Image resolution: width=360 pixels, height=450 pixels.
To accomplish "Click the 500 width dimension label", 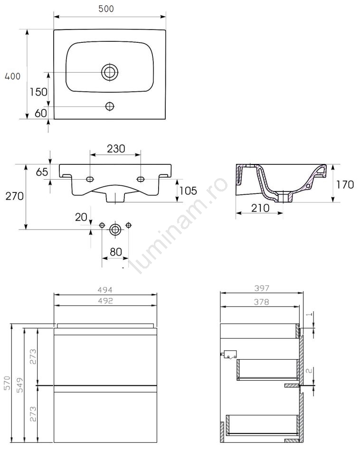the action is pos(106,9).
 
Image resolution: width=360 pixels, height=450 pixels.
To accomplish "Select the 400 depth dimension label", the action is pos(13,76).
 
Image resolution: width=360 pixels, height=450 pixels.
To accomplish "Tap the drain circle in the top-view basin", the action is pos(110,72).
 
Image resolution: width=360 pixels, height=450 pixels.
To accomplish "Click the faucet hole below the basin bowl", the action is pos(110,106).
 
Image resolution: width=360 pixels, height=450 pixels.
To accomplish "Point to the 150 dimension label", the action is pos(39,92).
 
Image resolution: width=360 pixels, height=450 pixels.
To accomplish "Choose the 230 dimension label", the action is pos(116,149).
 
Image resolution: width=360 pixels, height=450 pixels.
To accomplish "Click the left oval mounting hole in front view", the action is pos(90,179).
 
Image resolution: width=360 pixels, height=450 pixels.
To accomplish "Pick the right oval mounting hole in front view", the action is pos(141,179).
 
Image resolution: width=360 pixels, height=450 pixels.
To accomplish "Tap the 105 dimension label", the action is pos(189,191).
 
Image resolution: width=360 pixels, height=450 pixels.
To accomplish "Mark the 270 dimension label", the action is pos(15,196).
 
